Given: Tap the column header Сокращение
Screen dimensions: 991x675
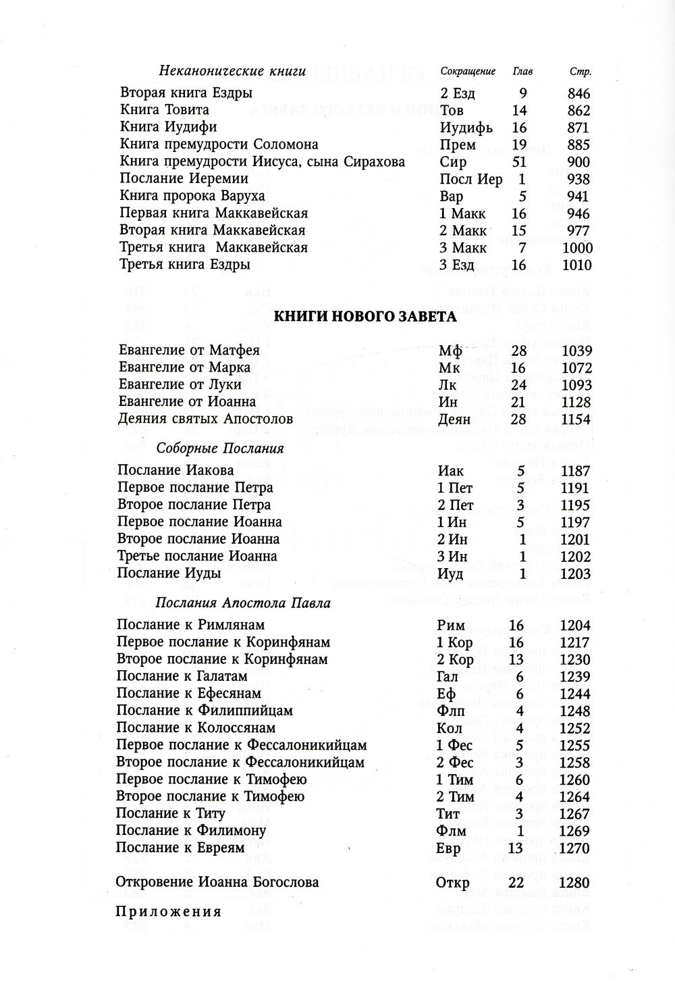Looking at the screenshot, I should [468, 72].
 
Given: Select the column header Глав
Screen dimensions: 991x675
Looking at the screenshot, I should [523, 72].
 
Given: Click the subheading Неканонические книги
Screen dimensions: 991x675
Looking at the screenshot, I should [232, 72].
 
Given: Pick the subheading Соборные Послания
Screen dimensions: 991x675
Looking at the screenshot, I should [220, 449].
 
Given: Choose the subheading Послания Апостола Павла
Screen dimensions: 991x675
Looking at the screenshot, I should [243, 603].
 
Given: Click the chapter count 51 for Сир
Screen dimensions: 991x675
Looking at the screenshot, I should [519, 162].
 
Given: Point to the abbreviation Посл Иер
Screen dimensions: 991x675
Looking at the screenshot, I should [470, 179].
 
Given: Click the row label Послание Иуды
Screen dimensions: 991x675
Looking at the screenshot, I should [169, 574].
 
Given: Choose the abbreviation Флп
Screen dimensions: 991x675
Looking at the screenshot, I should [451, 711].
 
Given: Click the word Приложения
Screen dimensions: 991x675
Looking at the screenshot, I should [169, 912].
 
